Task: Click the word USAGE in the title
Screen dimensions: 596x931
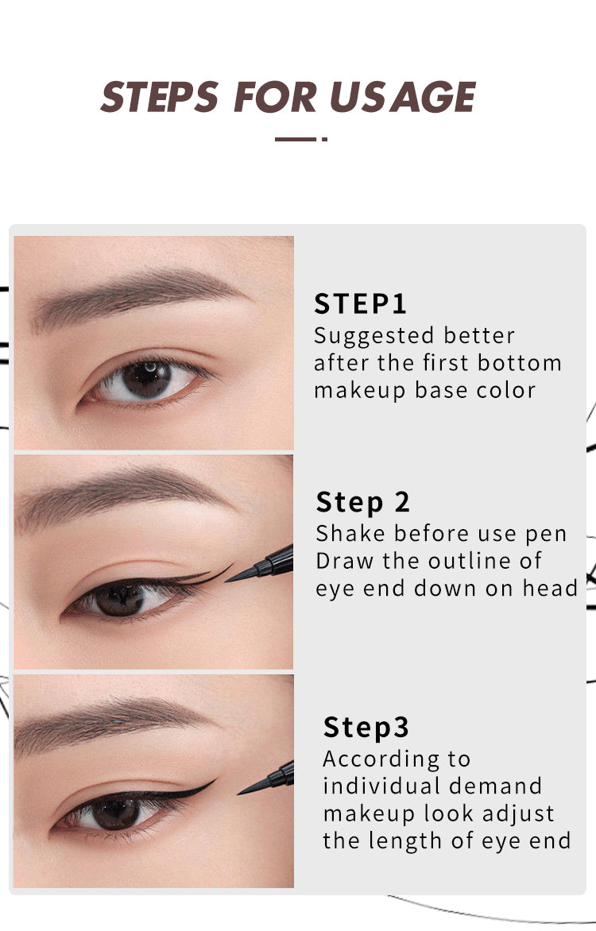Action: pyautogui.click(x=403, y=96)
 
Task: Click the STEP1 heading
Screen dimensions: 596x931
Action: pyautogui.click(x=361, y=304)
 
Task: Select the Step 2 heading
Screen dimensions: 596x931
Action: pyautogui.click(x=363, y=502)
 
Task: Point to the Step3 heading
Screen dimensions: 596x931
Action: pyautogui.click(x=366, y=728)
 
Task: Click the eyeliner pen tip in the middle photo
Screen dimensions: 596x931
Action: pyautogui.click(x=230, y=579)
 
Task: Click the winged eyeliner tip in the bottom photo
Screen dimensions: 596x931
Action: pyautogui.click(x=213, y=782)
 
